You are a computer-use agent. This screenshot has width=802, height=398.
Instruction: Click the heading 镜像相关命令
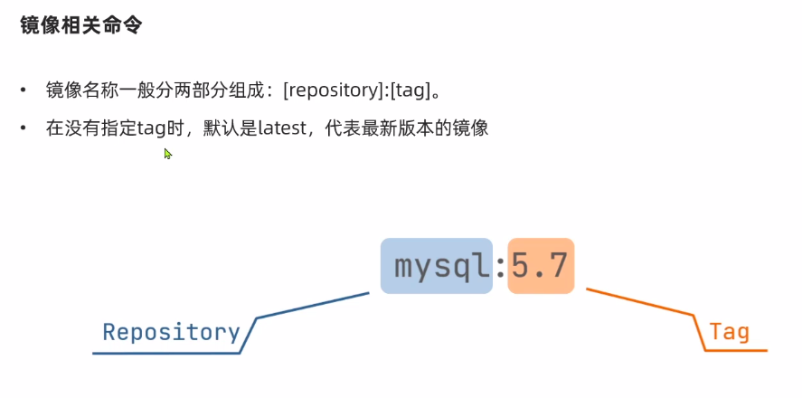[x=80, y=25]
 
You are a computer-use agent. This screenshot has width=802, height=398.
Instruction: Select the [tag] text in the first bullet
[x=408, y=90]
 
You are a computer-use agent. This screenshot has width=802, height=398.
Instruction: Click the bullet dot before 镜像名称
[x=24, y=90]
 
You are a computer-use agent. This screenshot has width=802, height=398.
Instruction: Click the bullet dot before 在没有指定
[x=24, y=128]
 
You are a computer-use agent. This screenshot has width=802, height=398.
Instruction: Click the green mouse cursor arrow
[x=167, y=154]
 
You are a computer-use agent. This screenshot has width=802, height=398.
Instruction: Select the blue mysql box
[x=436, y=266]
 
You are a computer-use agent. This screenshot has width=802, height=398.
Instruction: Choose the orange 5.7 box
[x=540, y=266]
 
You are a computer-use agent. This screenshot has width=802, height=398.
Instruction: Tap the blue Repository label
[x=171, y=332]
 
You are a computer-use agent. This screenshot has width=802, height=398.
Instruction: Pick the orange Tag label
[x=730, y=332]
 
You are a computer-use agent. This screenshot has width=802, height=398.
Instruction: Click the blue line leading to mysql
[x=313, y=305]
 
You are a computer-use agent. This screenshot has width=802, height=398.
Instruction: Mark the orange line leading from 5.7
[x=640, y=302]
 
